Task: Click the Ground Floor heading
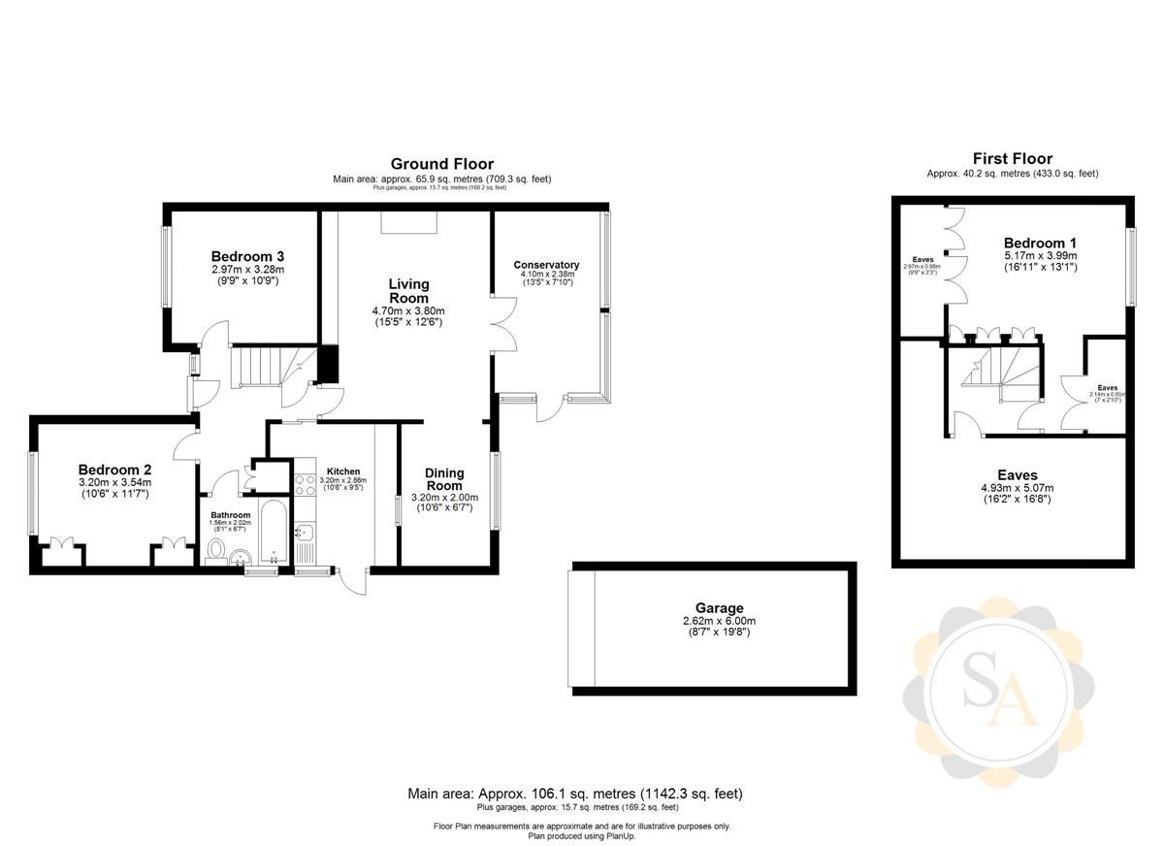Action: point(441,164)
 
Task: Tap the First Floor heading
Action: point(1012,158)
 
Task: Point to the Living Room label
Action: point(408,291)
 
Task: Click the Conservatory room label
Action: point(546,265)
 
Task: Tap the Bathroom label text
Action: point(231,515)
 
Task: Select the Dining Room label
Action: point(444,479)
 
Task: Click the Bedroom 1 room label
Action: point(1040,243)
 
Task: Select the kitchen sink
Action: point(303,532)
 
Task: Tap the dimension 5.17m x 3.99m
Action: point(1040,255)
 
